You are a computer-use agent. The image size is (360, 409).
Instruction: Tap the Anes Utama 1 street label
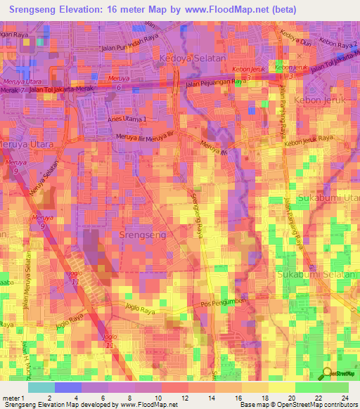tap(128, 119)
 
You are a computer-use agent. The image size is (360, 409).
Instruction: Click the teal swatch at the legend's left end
tap(41, 387)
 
